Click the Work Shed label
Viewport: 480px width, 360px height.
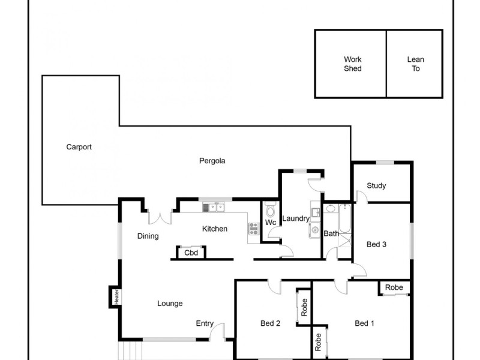(353, 64)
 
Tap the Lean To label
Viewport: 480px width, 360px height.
(416, 64)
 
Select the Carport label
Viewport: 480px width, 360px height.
(79, 147)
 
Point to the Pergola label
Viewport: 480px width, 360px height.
(212, 161)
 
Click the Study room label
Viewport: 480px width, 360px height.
(376, 186)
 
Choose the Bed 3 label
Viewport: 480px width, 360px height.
(376, 244)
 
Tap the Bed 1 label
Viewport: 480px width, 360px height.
(364, 323)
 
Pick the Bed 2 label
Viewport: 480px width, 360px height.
(271, 323)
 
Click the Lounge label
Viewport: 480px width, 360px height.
(170, 304)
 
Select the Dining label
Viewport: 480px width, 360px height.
(148, 236)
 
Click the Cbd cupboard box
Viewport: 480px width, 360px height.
(191, 253)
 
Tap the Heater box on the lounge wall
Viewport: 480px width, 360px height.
(117, 296)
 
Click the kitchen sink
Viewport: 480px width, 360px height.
(213, 208)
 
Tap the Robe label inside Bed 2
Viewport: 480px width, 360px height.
(304, 307)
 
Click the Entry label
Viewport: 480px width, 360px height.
(205, 324)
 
